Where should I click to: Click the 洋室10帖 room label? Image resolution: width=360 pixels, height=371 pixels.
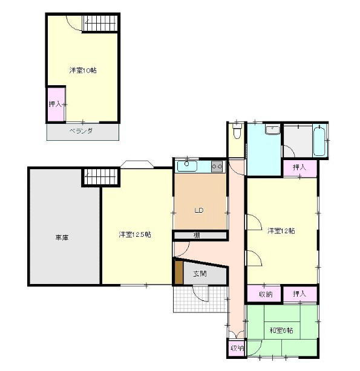pyautogui.click(x=82, y=71)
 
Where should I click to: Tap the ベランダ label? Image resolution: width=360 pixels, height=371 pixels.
pyautogui.click(x=80, y=131)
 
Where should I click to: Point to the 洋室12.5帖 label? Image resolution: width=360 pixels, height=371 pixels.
pyautogui.click(x=134, y=234)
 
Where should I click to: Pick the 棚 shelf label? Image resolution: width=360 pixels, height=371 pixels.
pyautogui.click(x=198, y=236)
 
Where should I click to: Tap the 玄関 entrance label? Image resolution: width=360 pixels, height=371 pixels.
pyautogui.click(x=200, y=274)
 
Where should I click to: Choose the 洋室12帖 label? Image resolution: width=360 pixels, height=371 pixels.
pyautogui.click(x=281, y=230)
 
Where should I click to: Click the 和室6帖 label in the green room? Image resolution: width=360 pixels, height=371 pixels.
pyautogui.click(x=282, y=330)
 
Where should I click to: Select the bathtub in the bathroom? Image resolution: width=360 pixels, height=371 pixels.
pyautogui.click(x=319, y=140)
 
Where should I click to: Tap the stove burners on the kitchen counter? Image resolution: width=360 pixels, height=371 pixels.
pyautogui.click(x=217, y=165)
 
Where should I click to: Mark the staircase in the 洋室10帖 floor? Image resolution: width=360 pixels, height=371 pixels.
pyautogui.click(x=102, y=24)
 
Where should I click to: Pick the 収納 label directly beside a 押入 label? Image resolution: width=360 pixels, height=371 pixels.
pyautogui.click(x=266, y=294)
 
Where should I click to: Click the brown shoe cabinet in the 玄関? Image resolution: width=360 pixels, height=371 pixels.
pyautogui.click(x=178, y=273)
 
